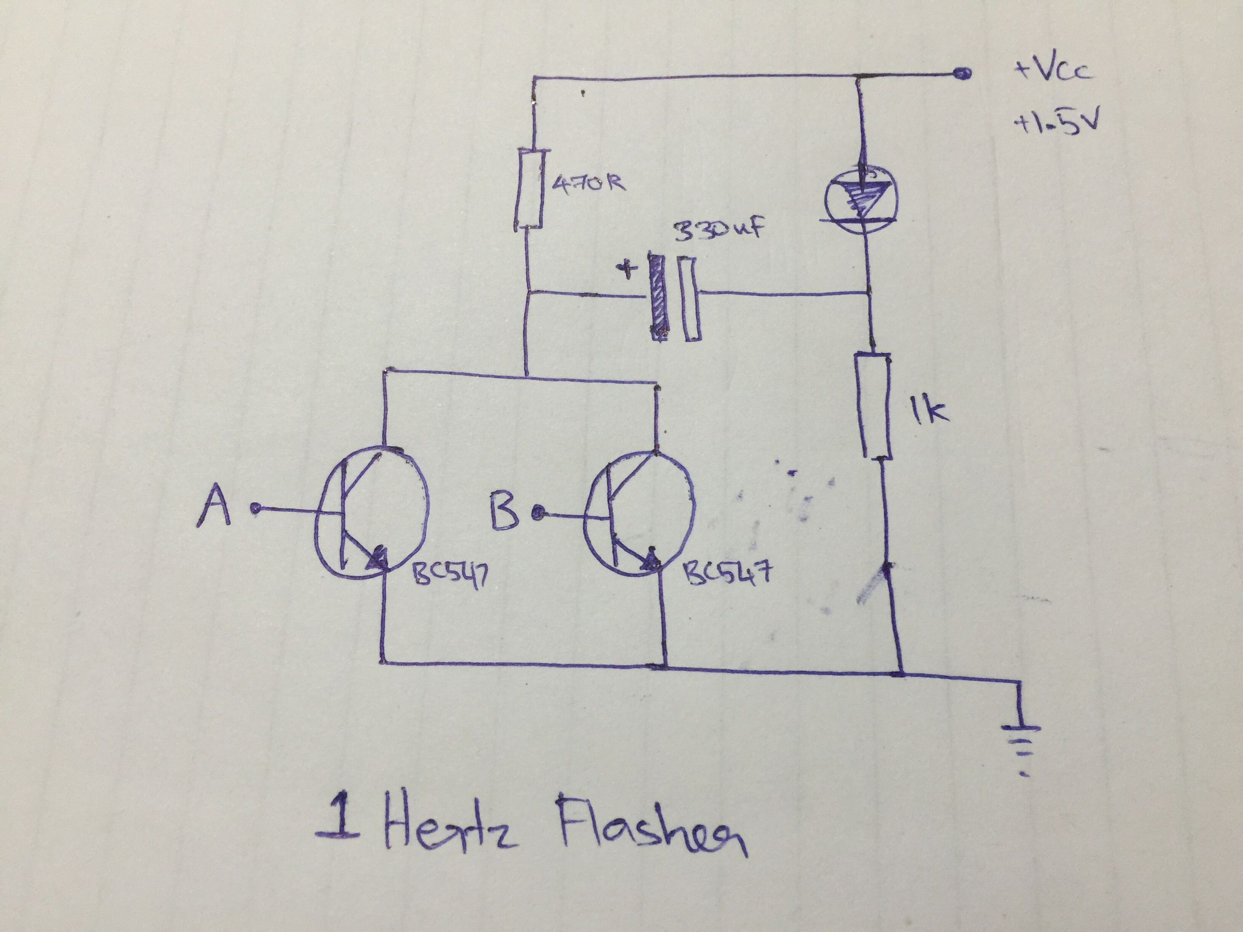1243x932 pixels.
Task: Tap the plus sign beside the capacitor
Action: point(627,272)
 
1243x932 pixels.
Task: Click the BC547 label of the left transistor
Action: point(449,576)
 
